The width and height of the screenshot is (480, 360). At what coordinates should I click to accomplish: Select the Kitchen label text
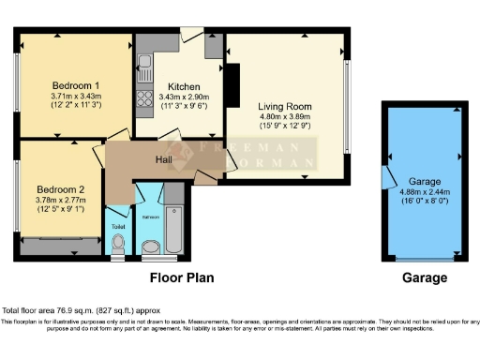click(179, 86)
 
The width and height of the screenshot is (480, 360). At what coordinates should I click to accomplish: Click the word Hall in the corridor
click(164, 160)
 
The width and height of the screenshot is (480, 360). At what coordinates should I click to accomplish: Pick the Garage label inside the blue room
click(425, 182)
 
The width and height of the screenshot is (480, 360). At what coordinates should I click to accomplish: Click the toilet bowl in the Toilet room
click(118, 246)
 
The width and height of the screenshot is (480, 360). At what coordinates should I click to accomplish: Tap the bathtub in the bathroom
click(173, 224)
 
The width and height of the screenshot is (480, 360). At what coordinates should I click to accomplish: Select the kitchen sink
click(144, 67)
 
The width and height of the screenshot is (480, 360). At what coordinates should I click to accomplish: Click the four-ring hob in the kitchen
click(144, 97)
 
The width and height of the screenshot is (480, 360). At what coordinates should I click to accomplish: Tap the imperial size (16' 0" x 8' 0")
click(425, 202)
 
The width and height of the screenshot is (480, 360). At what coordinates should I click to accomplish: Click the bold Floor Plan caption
click(184, 278)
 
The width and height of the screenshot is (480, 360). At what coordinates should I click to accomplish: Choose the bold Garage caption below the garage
click(425, 278)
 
